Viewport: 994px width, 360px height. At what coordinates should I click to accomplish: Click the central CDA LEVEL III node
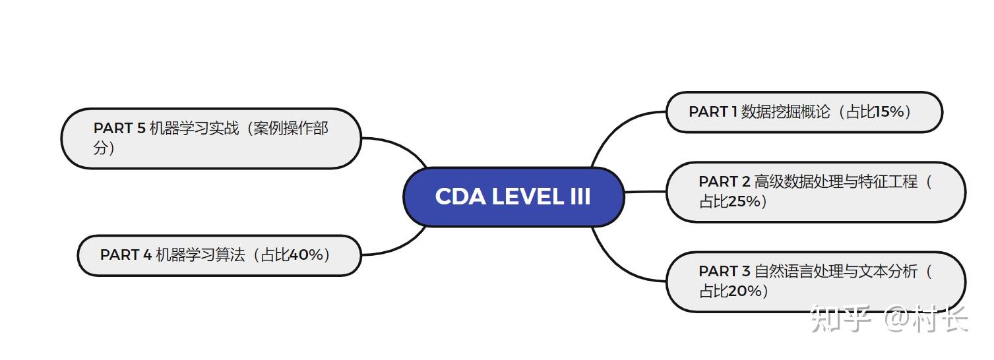[513, 196]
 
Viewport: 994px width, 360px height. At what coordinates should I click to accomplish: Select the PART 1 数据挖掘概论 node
[803, 112]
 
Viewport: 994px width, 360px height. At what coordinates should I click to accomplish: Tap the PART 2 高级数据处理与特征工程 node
[815, 191]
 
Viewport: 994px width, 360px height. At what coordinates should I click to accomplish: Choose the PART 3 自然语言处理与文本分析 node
[815, 281]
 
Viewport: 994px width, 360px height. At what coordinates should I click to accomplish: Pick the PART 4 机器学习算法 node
[219, 255]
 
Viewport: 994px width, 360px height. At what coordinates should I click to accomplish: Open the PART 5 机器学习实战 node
[211, 138]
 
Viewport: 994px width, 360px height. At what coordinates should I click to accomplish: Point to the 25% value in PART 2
[745, 202]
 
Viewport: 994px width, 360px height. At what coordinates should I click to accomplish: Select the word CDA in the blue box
[460, 196]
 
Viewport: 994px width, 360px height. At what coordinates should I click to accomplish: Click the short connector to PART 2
[644, 192]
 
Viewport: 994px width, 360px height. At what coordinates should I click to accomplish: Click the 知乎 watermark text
[838, 318]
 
